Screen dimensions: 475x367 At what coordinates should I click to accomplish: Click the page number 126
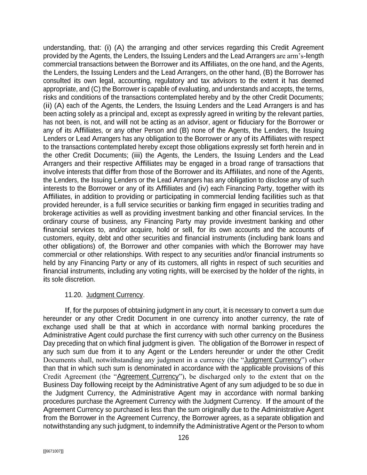click(183, 437)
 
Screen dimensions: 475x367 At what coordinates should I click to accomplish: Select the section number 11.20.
click(73, 295)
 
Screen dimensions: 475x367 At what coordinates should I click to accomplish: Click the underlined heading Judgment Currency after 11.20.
click(114, 295)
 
